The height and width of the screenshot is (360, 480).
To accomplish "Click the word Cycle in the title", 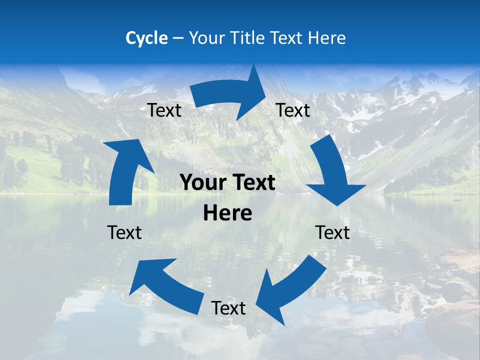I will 146,38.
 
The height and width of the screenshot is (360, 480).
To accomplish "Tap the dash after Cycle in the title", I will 178,38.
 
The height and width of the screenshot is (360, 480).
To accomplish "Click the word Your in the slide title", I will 205,38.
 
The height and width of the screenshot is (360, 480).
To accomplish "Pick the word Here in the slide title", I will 327,38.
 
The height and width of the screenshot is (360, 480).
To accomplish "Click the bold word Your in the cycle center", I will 202,183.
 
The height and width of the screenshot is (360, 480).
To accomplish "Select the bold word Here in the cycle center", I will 227,213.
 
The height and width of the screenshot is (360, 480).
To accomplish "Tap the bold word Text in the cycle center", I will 255,183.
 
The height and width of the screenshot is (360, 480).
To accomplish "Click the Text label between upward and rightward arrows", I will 164,110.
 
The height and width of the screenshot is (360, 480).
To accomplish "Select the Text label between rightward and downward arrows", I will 293,110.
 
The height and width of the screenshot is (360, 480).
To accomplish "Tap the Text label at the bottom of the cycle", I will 228,308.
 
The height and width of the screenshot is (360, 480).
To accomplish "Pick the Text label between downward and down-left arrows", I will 332,232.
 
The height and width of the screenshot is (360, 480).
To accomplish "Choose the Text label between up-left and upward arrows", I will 124,232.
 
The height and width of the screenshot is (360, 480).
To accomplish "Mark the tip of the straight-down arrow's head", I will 338,205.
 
